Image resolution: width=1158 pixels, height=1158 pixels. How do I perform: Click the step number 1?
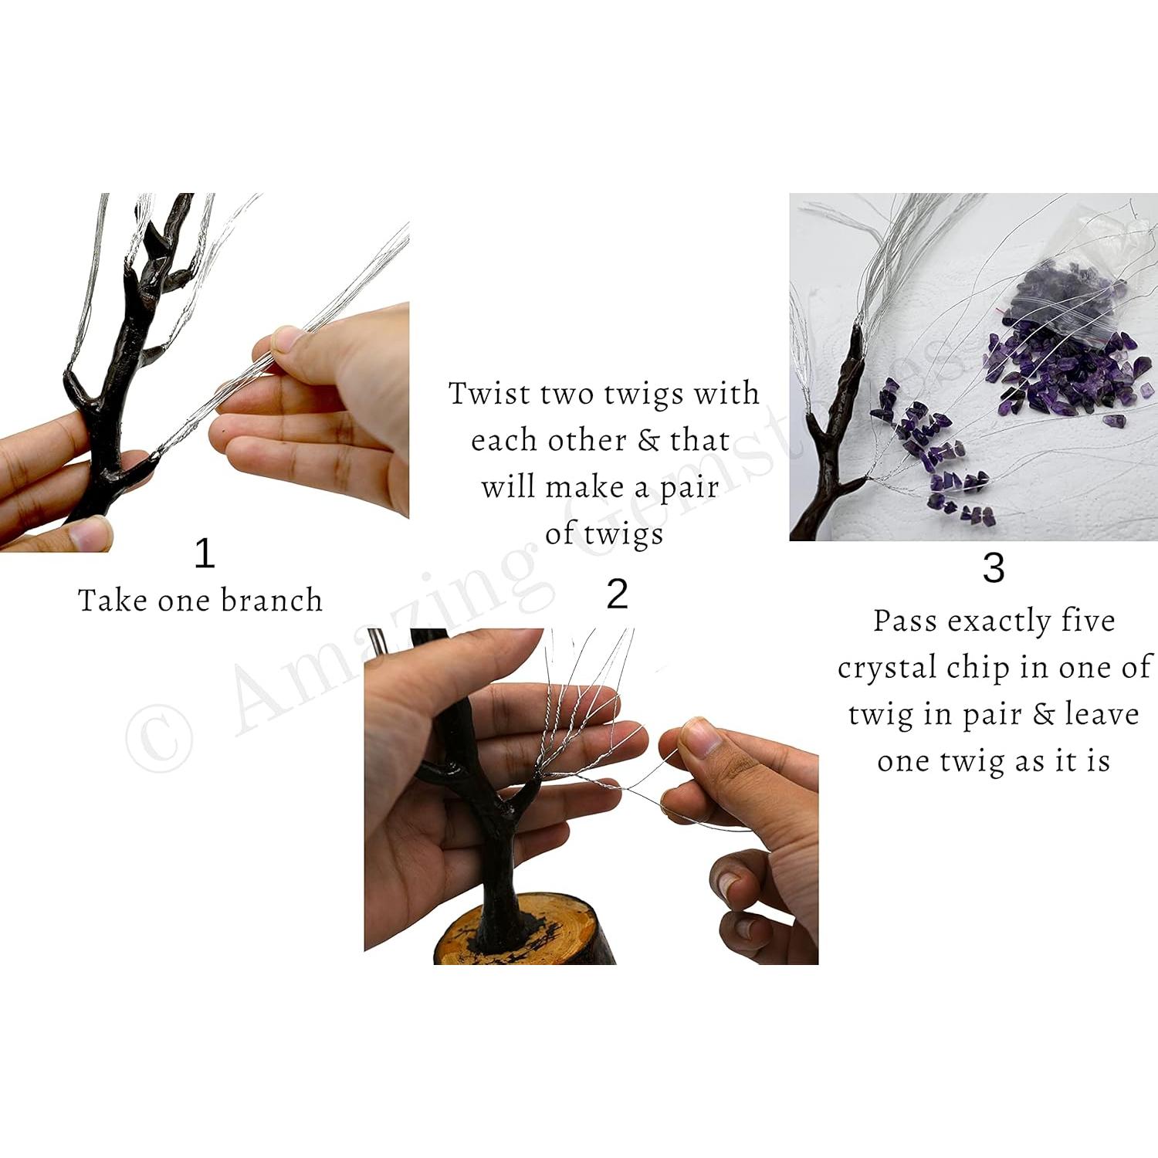coord(204,554)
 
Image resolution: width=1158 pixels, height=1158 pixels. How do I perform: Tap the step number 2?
coord(617,595)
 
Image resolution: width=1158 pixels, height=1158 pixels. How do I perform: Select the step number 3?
coord(994,568)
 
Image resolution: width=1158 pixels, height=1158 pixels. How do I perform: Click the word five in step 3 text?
coord(1087,621)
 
